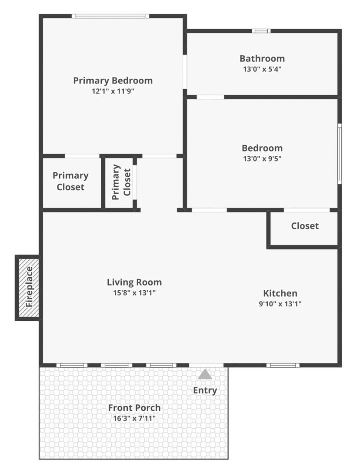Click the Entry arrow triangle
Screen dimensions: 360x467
tap(205, 374)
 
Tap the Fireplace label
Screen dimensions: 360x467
tap(29, 287)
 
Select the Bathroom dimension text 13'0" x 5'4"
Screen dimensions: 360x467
tap(262, 69)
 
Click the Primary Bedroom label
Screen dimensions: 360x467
tap(113, 81)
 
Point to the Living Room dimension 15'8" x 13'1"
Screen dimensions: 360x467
tap(134, 293)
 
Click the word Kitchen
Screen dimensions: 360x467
tap(280, 293)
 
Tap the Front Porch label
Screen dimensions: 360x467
tap(134, 407)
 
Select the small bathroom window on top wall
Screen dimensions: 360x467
tap(261, 30)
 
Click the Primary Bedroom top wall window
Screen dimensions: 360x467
tap(110, 16)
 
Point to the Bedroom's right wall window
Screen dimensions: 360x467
tap(340, 154)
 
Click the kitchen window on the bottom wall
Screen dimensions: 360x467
tap(283, 365)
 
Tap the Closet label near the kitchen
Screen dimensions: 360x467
tap(305, 226)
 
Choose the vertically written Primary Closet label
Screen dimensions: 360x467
tap(121, 182)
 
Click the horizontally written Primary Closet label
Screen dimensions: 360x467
tap(70, 181)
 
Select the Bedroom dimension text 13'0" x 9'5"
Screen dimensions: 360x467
tap(262, 158)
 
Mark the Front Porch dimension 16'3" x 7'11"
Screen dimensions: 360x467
tap(134, 418)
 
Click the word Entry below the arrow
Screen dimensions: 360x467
tap(205, 390)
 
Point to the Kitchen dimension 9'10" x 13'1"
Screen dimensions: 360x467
tap(280, 304)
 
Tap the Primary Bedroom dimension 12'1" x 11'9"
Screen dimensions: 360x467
tap(113, 91)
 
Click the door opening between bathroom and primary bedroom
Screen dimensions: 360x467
tap(185, 71)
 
